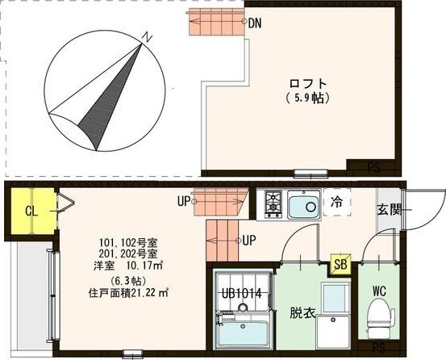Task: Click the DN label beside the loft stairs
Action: click(255, 23)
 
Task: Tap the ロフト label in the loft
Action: click(309, 83)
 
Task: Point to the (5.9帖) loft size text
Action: click(309, 98)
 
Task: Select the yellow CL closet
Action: click(31, 211)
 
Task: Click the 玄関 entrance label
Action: click(389, 209)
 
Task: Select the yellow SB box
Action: click(342, 264)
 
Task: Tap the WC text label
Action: click(380, 290)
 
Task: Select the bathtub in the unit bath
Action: click(243, 333)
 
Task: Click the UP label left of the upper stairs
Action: click(185, 201)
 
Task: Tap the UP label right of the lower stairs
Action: click(249, 240)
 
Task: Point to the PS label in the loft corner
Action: click(373, 168)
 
